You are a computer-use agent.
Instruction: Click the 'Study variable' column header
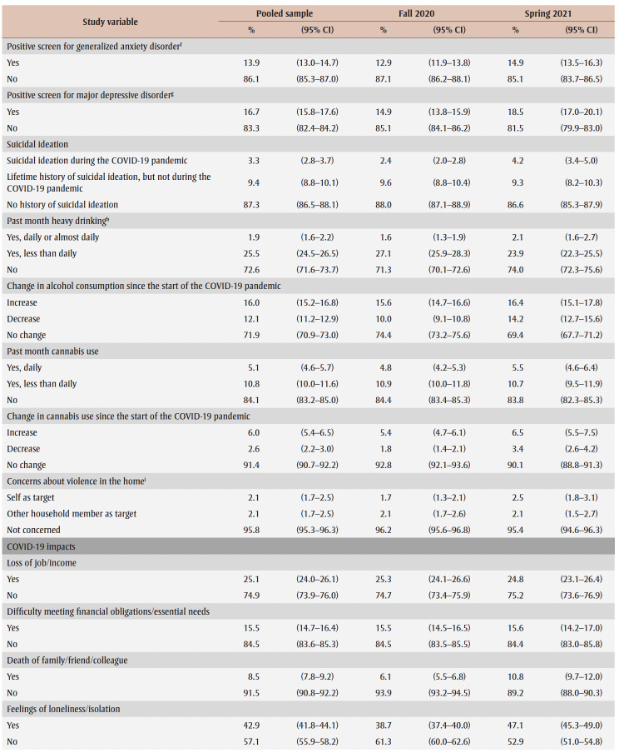[110, 22]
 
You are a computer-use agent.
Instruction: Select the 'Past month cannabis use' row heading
[52, 352]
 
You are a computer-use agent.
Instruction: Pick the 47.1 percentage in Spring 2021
[515, 725]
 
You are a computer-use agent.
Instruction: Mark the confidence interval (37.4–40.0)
[449, 725]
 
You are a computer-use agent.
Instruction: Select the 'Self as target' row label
[32, 497]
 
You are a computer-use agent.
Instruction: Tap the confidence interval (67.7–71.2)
[581, 334]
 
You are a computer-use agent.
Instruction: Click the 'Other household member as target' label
[72, 513]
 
